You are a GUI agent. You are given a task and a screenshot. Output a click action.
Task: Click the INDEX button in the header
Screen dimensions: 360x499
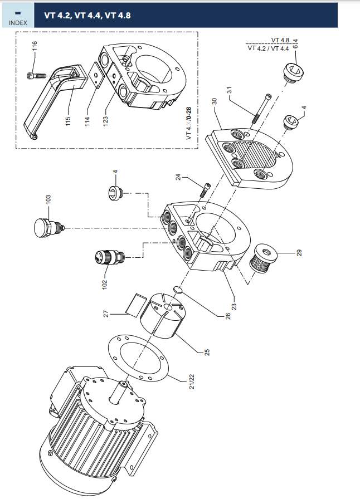click(18, 16)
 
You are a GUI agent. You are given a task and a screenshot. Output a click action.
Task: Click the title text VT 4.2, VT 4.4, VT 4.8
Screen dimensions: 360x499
click(87, 15)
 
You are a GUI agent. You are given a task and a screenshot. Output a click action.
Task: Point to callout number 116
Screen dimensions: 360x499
click(35, 46)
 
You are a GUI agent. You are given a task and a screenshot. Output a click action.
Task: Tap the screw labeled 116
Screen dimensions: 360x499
click(36, 75)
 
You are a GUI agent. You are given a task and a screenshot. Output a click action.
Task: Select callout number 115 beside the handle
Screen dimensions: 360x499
click(68, 121)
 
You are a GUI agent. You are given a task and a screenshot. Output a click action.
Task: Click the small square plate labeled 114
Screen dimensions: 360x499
click(96, 75)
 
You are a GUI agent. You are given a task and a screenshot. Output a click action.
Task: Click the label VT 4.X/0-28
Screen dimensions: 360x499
click(188, 123)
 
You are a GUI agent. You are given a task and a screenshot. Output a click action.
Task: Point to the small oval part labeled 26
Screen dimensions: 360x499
click(178, 290)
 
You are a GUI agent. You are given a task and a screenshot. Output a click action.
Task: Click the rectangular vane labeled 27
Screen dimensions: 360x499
click(136, 305)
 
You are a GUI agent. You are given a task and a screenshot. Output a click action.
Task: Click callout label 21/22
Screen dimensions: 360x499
click(192, 381)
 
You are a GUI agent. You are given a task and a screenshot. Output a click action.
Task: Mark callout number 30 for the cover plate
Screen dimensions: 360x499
click(214, 101)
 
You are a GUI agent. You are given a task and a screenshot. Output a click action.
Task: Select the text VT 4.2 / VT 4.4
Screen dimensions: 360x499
click(268, 48)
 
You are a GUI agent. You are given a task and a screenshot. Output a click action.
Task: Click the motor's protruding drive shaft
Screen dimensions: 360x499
click(119, 392)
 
